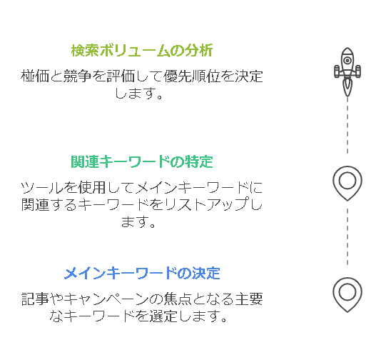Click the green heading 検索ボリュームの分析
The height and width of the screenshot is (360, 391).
click(x=142, y=51)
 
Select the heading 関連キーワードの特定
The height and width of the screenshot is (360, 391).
click(x=142, y=161)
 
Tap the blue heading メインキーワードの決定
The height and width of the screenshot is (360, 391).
click(x=142, y=273)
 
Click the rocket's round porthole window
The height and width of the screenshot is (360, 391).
click(x=347, y=61)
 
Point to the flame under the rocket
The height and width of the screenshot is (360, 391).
click(x=347, y=87)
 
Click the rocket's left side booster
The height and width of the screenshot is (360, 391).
click(x=337, y=71)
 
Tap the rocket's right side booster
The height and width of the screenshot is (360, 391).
click(x=358, y=71)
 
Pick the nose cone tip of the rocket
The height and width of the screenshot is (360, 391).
click(x=347, y=48)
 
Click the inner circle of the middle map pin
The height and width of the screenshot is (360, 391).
click(x=347, y=181)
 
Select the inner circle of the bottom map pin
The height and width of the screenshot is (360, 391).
click(x=347, y=292)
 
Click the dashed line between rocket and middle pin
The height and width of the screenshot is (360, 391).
click(x=347, y=126)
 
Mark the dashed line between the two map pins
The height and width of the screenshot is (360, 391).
click(x=347, y=237)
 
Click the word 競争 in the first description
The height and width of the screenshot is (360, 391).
click(x=78, y=76)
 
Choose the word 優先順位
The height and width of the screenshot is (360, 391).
click(x=192, y=76)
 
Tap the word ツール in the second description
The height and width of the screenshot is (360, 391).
click(x=41, y=187)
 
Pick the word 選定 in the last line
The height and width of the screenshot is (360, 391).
click(x=163, y=316)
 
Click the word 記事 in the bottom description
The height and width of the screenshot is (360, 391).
click(x=35, y=299)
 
